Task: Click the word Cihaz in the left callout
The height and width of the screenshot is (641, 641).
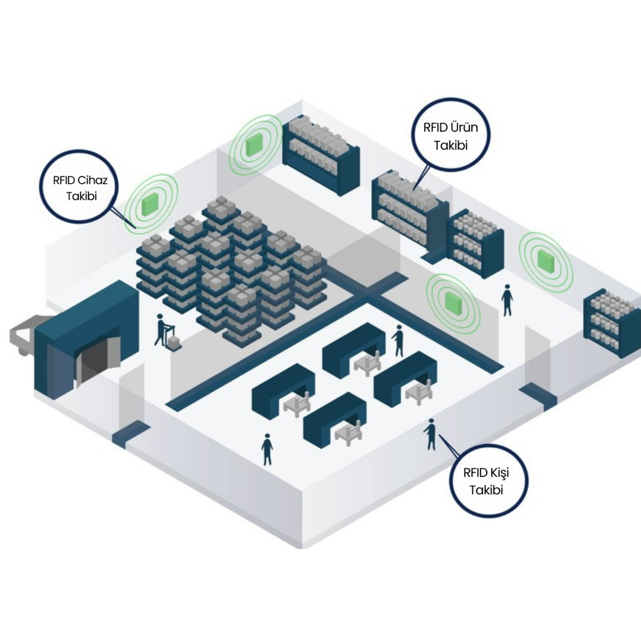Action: (x=92, y=180)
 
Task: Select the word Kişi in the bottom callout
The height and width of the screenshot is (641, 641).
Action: (x=499, y=473)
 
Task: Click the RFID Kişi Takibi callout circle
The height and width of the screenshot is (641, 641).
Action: (x=488, y=481)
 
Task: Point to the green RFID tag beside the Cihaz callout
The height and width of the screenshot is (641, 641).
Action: (x=151, y=203)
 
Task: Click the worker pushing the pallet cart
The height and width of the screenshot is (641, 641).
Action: (x=161, y=329)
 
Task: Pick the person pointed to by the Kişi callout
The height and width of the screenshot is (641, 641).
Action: (x=430, y=434)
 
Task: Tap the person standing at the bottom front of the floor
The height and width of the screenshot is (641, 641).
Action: (x=267, y=449)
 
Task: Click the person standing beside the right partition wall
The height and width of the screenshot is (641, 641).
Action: (x=507, y=300)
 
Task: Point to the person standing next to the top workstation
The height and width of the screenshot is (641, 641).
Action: (x=398, y=340)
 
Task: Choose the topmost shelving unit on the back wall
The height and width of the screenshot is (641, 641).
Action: (x=320, y=154)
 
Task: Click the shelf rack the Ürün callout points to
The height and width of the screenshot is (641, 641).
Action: (x=408, y=209)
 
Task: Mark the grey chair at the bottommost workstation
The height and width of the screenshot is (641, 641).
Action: (x=348, y=434)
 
